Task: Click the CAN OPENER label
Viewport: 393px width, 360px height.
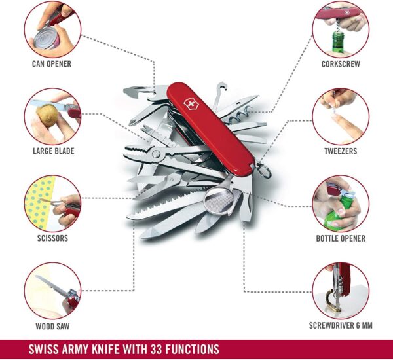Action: (x=52, y=64)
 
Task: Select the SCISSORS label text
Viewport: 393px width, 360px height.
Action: (x=52, y=238)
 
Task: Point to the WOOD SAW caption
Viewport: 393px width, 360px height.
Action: (x=52, y=325)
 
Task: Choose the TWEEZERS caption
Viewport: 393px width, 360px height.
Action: (x=340, y=151)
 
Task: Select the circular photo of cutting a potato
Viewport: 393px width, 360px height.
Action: (x=52, y=117)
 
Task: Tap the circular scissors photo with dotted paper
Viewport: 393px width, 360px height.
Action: (x=52, y=203)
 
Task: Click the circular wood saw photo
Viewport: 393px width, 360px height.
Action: (x=52, y=291)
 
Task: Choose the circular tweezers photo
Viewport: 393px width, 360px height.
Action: (x=340, y=117)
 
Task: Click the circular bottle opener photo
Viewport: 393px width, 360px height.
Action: (x=340, y=203)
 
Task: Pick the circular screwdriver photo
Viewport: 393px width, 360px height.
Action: (x=340, y=291)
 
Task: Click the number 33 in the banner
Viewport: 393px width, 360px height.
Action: (x=166, y=348)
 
